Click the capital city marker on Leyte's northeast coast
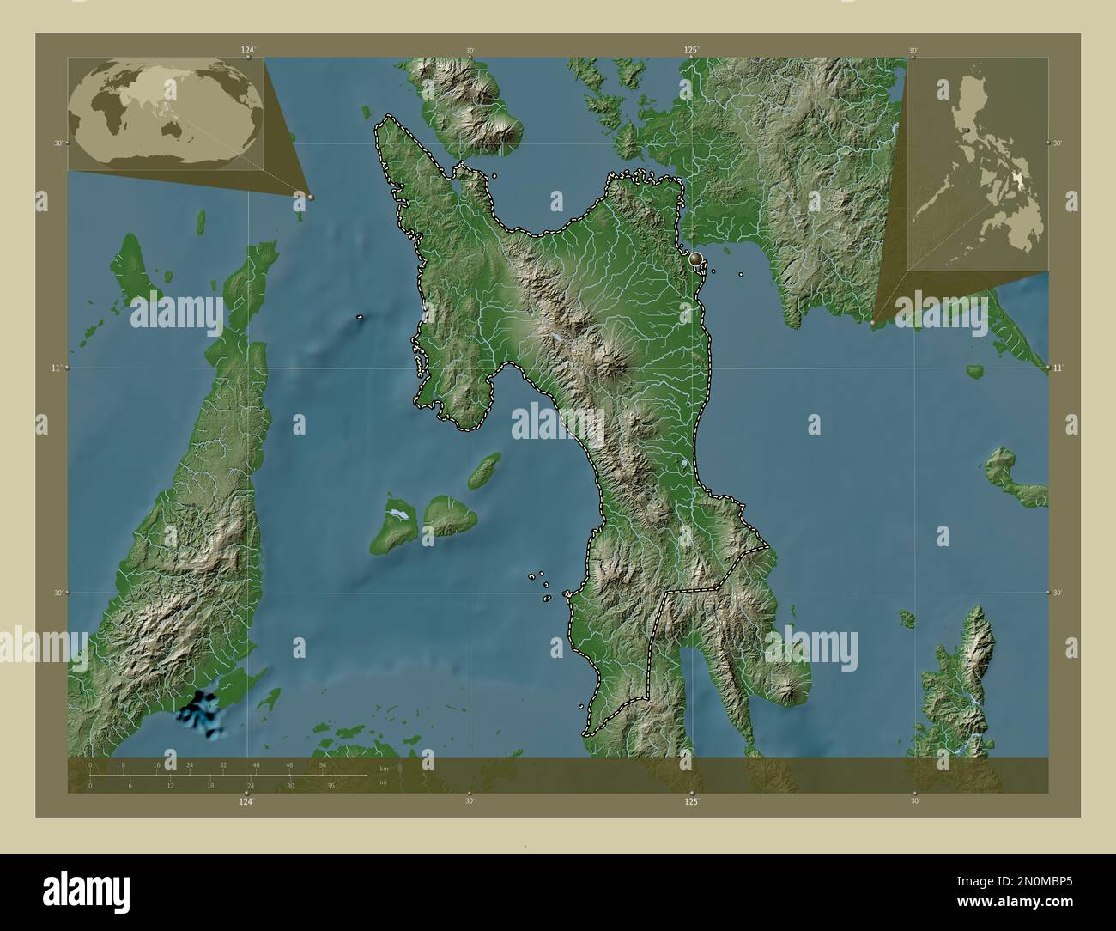[696, 258]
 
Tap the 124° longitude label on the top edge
[248, 51]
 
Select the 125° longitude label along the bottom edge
[692, 801]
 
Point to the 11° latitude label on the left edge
[57, 368]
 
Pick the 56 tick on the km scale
[323, 764]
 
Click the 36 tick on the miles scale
[330, 785]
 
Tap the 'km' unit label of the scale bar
[384, 769]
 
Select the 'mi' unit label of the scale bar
[383, 782]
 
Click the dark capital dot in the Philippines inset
[968, 128]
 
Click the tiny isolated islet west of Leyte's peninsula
[361, 317]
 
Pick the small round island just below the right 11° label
[974, 372]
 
